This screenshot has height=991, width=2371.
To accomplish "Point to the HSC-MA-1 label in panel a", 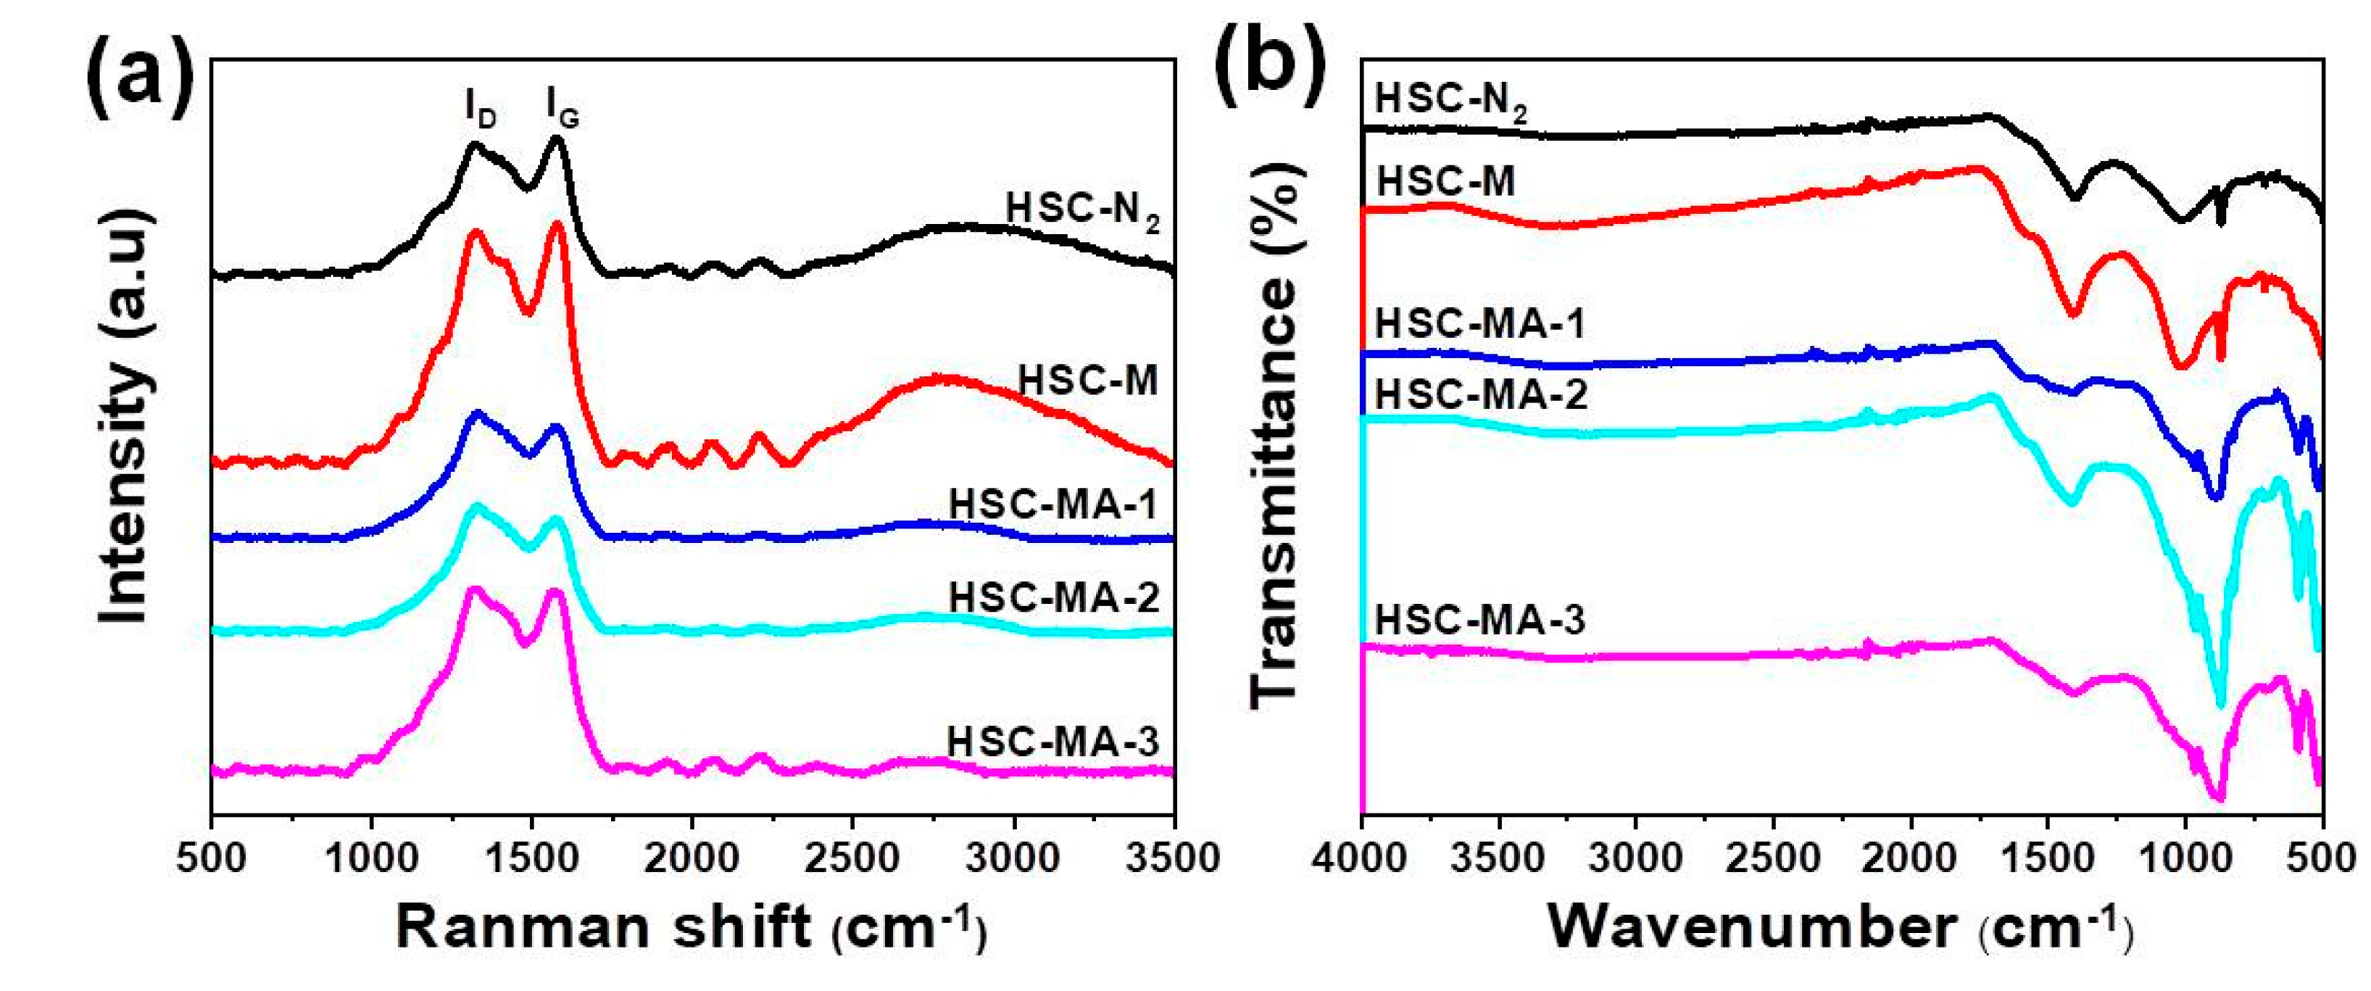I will [1052, 505].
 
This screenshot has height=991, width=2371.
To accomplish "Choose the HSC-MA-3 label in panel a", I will [1052, 742].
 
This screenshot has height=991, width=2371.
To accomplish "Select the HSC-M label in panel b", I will [1445, 181].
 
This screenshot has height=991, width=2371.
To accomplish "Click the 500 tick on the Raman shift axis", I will [212, 858].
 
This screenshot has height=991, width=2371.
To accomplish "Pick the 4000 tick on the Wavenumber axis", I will [1361, 858].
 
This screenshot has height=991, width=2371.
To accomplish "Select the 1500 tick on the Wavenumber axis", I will [2049, 858].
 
